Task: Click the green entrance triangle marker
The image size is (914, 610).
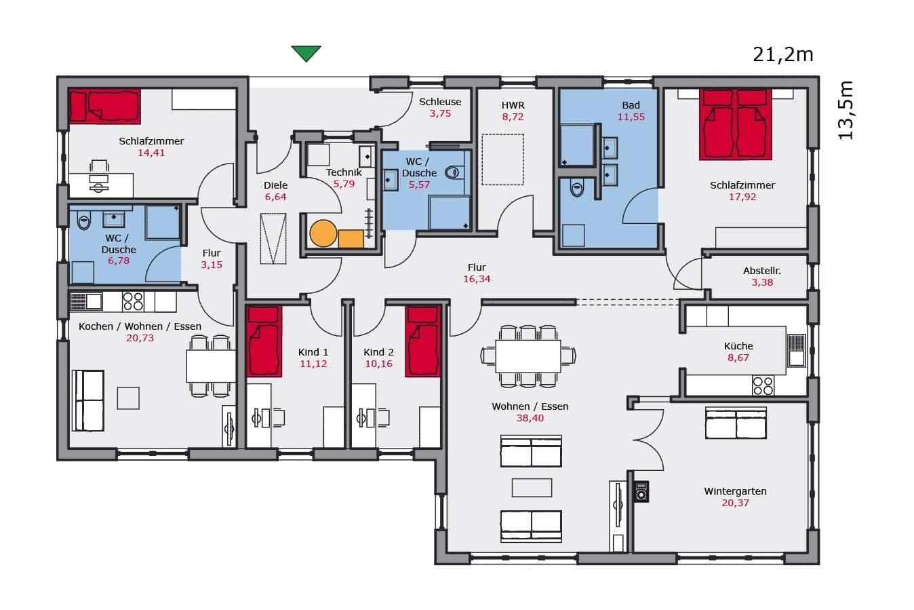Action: click(306, 53)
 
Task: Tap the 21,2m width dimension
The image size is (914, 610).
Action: click(782, 55)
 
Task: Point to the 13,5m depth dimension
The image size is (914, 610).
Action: click(845, 110)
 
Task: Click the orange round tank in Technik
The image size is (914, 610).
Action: click(323, 233)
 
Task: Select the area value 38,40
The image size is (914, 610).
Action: click(530, 418)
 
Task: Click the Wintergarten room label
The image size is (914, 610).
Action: click(735, 491)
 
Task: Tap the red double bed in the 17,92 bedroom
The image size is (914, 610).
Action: click(735, 124)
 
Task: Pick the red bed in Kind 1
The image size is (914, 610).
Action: click(264, 341)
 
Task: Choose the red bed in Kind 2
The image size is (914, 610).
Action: click(423, 341)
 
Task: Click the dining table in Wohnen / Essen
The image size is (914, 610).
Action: click(528, 356)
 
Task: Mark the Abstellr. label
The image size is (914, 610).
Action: click(762, 271)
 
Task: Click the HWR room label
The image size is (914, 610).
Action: click(513, 105)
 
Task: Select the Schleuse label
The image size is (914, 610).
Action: click(440, 102)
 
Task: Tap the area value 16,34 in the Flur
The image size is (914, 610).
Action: click(477, 279)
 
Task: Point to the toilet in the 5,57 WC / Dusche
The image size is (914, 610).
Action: click(454, 172)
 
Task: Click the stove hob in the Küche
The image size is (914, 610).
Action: click(763, 385)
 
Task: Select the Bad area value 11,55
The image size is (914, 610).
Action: click(631, 117)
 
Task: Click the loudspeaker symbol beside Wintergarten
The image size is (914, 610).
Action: click(641, 491)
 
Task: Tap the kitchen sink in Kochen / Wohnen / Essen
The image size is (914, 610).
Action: click(86, 302)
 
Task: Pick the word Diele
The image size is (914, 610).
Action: click(275, 185)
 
